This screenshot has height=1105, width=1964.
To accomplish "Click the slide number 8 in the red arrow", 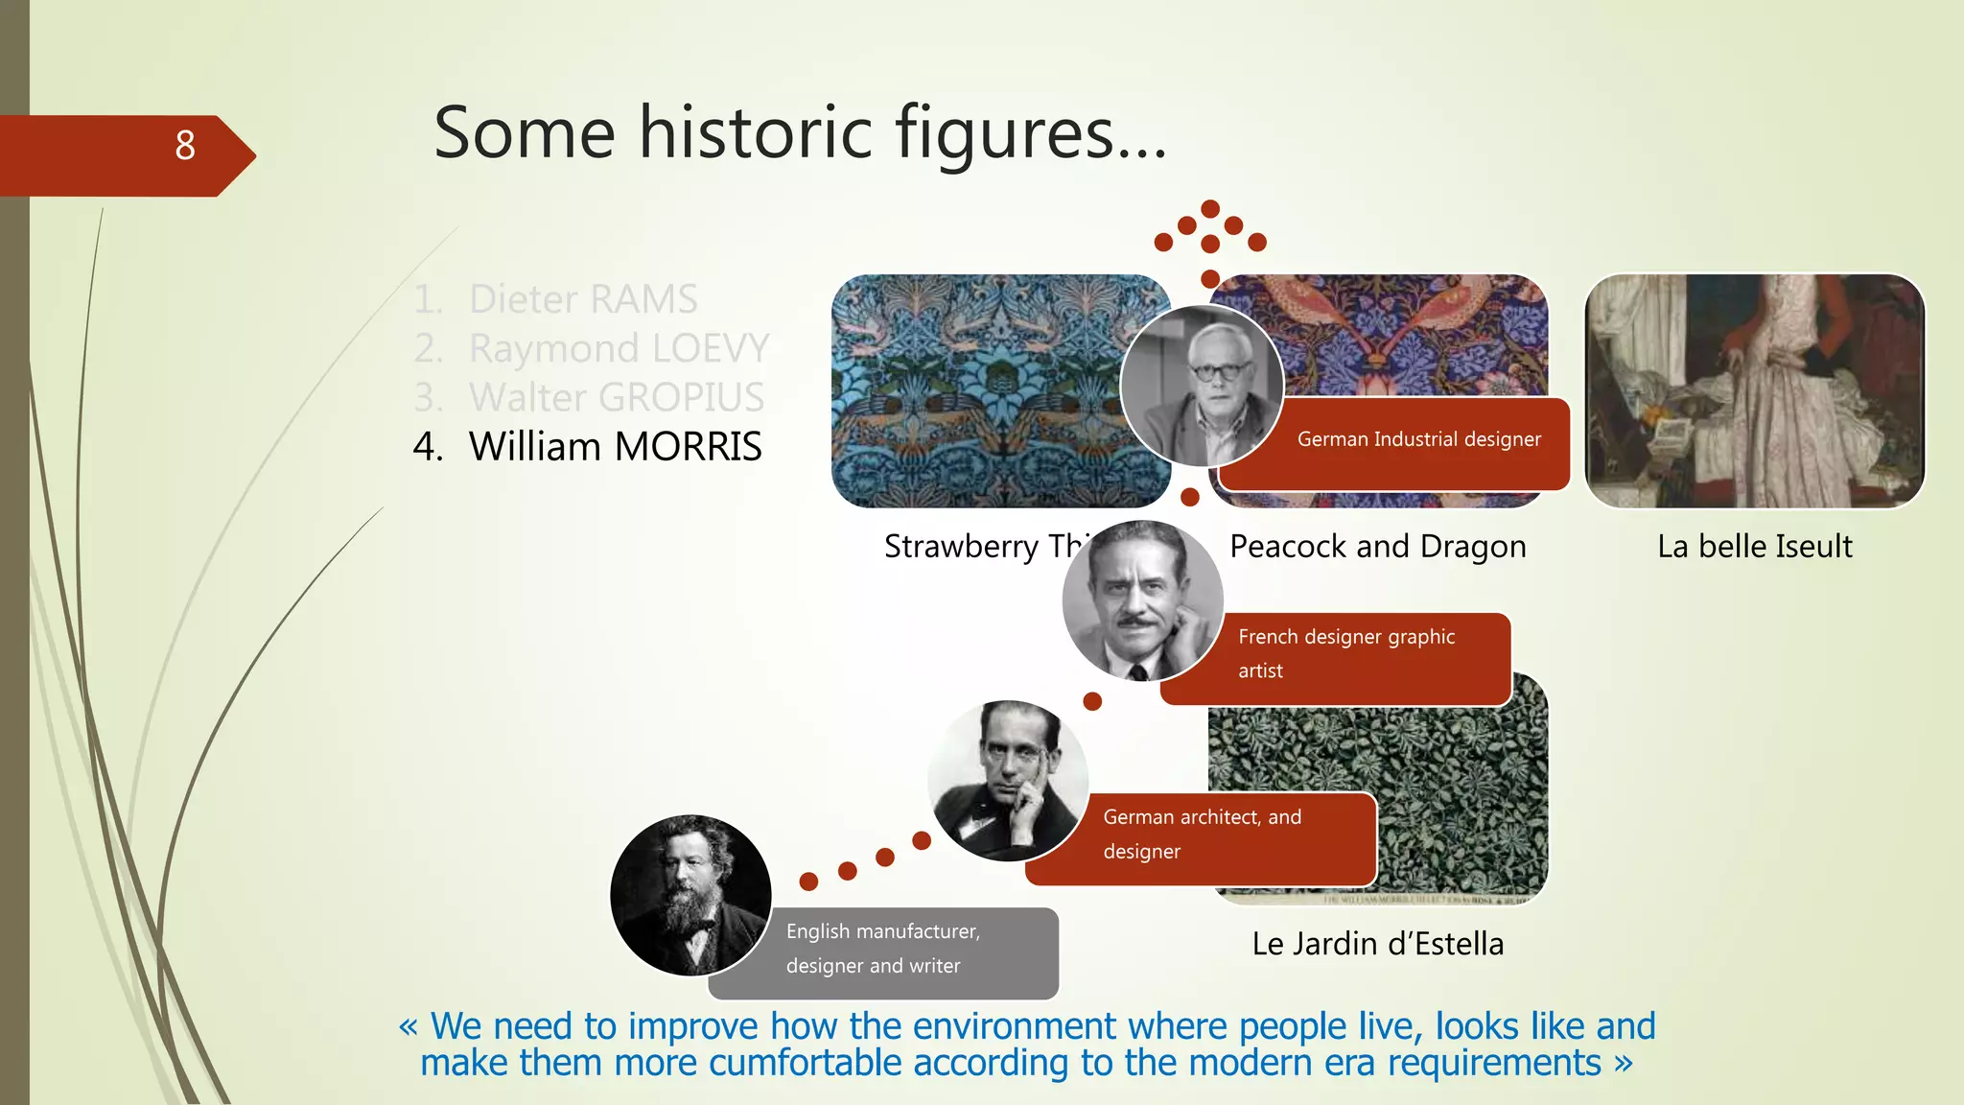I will pos(185,146).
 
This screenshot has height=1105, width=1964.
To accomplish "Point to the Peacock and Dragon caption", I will pos(1377,547).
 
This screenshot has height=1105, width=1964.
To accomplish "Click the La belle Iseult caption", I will pos(1754,547).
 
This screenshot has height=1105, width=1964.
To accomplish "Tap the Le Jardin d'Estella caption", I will pos(1377,944).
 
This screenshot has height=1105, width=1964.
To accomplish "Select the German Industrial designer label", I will pos(1418,440).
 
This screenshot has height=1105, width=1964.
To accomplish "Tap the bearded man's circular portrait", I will pos(690,895).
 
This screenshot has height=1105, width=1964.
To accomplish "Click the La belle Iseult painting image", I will pos(1754,390).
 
